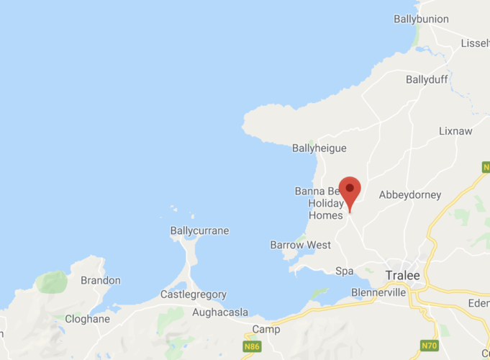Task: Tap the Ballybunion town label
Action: tap(421, 19)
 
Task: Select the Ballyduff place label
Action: tap(427, 79)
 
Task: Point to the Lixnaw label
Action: tap(456, 132)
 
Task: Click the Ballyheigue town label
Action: tap(319, 148)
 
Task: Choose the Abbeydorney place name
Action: tap(409, 194)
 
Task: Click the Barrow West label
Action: tap(300, 245)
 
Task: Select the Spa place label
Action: tap(345, 271)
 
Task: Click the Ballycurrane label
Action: tap(199, 231)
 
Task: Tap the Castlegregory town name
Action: tap(193, 294)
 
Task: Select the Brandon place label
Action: tap(101, 280)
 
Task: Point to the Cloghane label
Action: tap(87, 319)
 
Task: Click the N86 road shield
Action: tap(251, 346)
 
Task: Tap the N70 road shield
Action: tap(430, 346)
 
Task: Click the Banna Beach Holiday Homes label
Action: tap(321, 203)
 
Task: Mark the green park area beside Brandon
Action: tap(53, 282)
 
